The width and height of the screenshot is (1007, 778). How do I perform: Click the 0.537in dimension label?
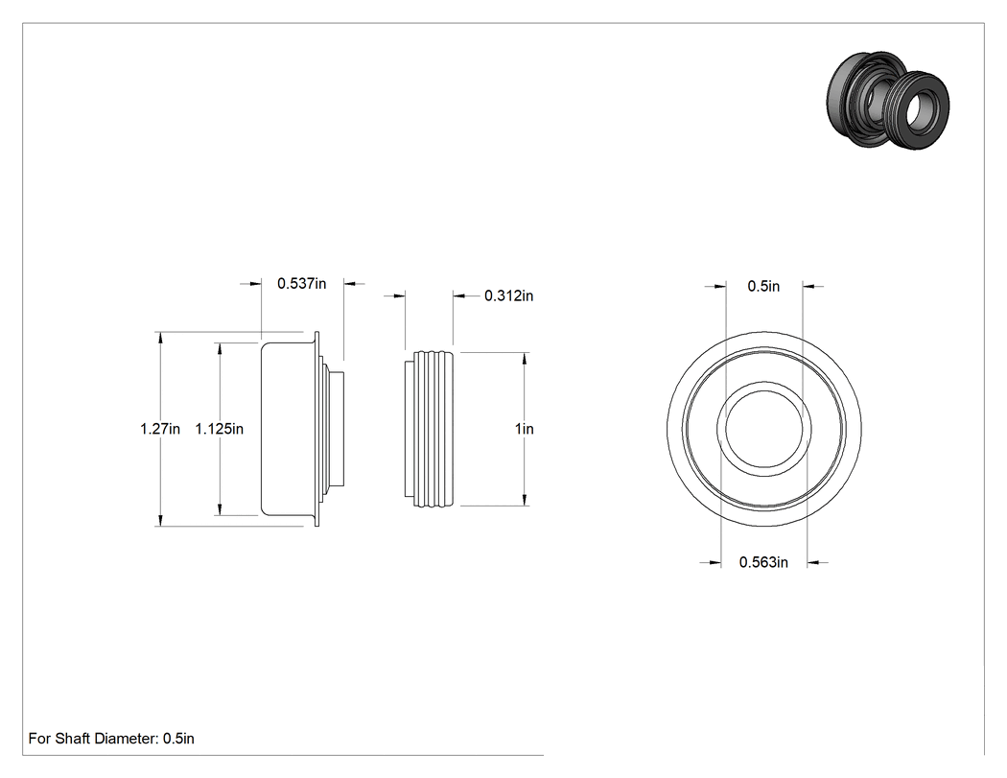(302, 283)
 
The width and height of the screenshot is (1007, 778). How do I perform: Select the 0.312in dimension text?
(508, 295)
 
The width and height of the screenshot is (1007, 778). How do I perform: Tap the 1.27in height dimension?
(160, 429)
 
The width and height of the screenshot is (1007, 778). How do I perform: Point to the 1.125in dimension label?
(220, 429)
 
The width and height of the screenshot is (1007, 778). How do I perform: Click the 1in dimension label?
(524, 429)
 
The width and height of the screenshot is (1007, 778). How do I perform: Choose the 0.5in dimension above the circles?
(763, 287)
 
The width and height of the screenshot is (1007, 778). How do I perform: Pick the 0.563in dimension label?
(763, 562)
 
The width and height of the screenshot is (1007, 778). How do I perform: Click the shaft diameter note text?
(111, 738)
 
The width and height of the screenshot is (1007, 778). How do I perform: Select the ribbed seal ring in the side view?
(429, 429)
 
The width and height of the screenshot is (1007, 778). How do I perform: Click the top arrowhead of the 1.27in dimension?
(160, 339)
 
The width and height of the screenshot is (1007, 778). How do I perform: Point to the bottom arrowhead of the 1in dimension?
(526, 499)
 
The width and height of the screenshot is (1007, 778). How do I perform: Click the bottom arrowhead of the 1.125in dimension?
(221, 508)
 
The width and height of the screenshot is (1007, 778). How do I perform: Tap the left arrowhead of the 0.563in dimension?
(714, 563)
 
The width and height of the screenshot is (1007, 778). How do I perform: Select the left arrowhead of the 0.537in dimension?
(254, 283)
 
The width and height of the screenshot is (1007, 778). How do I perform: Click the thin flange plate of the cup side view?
(316, 429)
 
